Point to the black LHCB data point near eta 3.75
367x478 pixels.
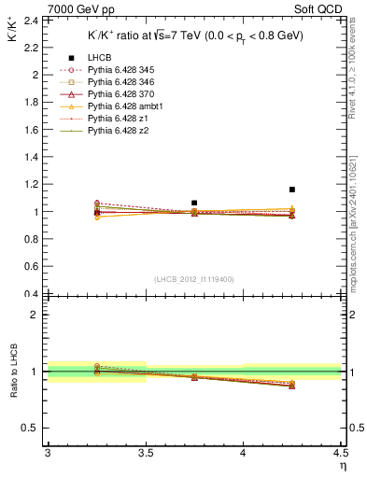(194, 203)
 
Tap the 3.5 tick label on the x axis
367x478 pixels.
(146, 455)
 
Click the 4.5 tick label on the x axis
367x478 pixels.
(340, 455)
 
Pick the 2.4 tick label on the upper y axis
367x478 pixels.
(32, 20)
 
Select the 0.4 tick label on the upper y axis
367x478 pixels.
(32, 294)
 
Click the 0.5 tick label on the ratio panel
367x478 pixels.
(32, 428)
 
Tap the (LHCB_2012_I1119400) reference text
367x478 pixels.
(194, 278)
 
